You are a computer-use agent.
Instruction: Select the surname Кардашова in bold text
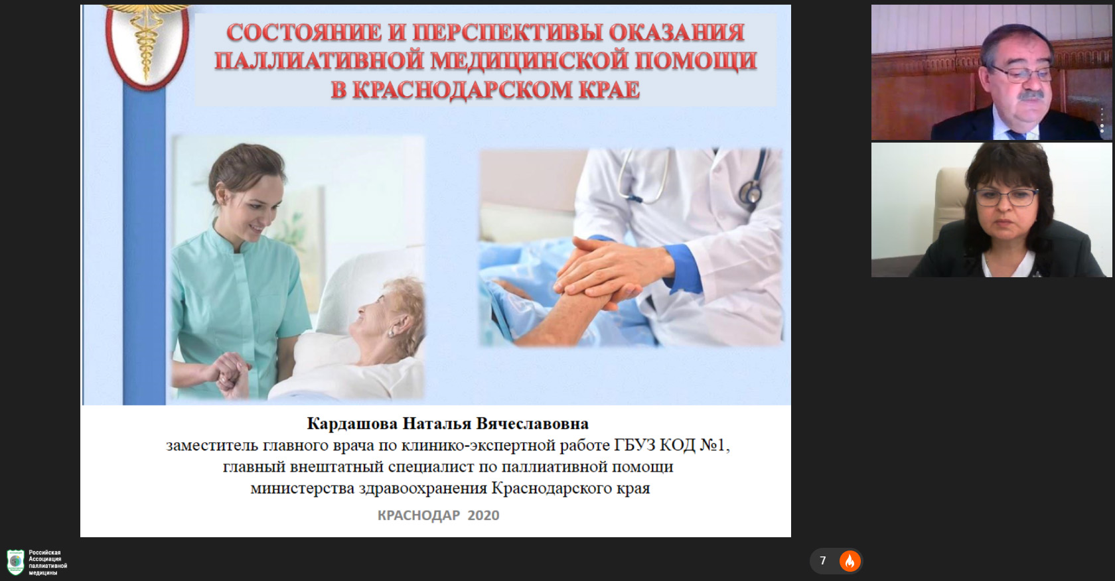[352, 423]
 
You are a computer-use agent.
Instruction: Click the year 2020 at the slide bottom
[483, 515]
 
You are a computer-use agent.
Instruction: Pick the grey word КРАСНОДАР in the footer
[419, 515]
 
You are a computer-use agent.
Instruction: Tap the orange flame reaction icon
[850, 561]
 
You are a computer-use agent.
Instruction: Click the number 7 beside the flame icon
[823, 560]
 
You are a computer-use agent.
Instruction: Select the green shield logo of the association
[15, 562]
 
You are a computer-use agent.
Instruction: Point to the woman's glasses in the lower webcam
[1005, 197]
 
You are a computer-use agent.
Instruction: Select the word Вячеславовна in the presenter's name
[532, 423]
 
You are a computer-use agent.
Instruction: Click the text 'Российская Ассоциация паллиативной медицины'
[48, 562]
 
